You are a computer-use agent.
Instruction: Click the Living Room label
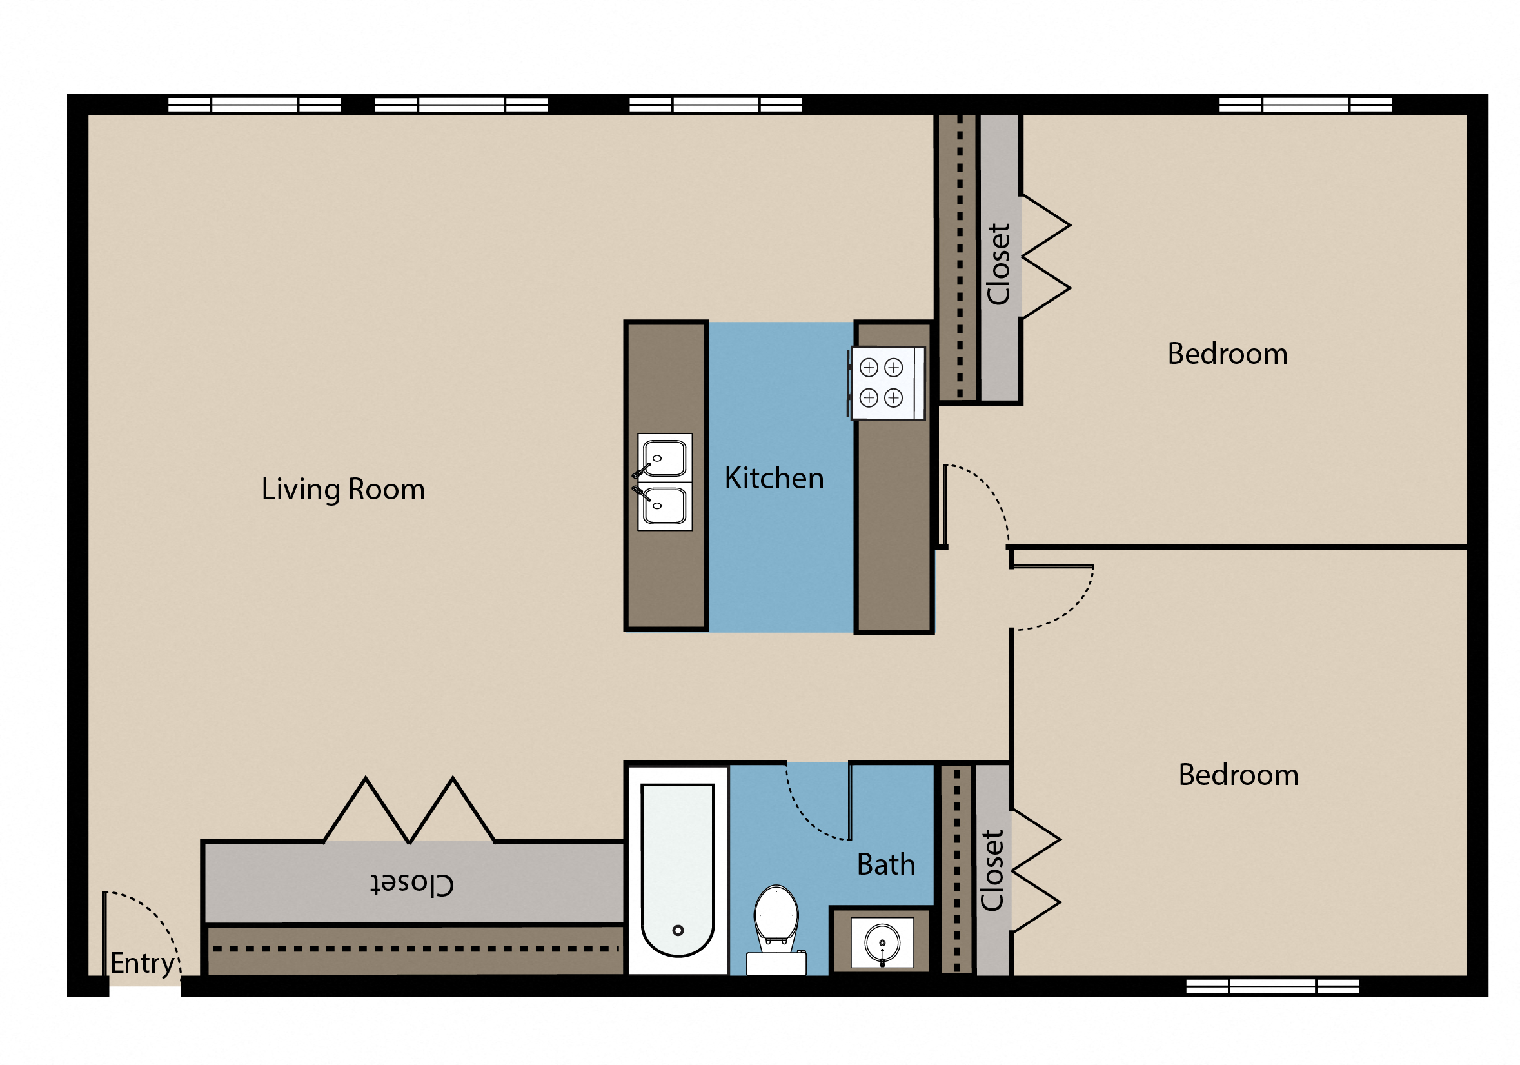[343, 490]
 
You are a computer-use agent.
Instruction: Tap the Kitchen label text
[774, 479]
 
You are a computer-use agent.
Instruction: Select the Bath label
[885, 865]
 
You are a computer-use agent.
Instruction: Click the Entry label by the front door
[143, 964]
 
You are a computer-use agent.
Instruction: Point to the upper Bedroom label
[1227, 354]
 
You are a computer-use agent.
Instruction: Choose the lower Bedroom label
[1238, 775]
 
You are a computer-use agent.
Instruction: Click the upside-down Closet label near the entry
[412, 884]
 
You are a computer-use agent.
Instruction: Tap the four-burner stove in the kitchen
[886, 383]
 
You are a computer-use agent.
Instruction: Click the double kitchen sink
[664, 482]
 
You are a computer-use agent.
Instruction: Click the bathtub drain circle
[677, 931]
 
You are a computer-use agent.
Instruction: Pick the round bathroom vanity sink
[882, 942]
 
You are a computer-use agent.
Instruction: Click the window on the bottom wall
[1272, 987]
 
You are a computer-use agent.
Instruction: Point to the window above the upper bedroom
[1305, 105]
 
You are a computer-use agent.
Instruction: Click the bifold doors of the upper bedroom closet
[1046, 257]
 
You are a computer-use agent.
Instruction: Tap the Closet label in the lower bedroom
[992, 871]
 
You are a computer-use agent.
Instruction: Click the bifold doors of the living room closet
[409, 811]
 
